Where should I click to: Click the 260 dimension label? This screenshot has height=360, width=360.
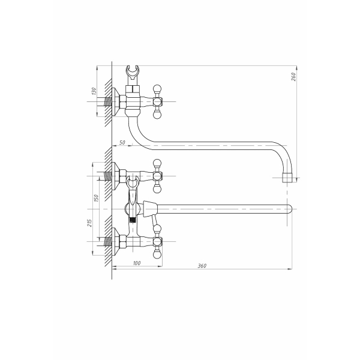coord(293,77)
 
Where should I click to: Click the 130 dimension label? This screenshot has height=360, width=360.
coord(94,91)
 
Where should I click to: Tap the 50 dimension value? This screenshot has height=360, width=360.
coord(122,143)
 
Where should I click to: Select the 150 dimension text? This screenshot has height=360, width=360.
coord(96,198)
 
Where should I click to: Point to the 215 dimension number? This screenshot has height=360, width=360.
coord(89,223)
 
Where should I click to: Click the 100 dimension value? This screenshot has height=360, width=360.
coord(137,263)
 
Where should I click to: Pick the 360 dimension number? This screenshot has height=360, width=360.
coord(202,266)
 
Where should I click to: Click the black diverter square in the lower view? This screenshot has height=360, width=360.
coord(132,220)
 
